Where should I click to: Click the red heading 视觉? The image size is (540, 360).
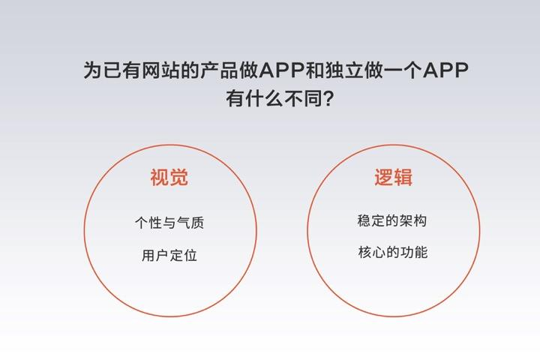tap(169, 178)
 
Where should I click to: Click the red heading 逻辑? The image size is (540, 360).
tap(393, 178)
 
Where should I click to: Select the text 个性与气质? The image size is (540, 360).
tap(169, 223)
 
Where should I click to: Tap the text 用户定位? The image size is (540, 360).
tap(169, 255)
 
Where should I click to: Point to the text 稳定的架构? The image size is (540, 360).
tap(392, 220)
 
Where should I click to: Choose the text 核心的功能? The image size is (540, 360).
tap(393, 252)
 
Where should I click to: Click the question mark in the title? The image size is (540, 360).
tap(329, 99)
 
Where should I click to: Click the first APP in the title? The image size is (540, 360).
tap(282, 70)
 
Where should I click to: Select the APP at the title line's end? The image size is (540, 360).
tap(445, 70)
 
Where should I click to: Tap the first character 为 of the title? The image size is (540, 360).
tap(93, 70)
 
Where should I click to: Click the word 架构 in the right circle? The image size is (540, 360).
tap(413, 220)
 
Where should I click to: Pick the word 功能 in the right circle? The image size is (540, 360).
tap(414, 252)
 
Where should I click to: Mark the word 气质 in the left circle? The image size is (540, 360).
tap(190, 223)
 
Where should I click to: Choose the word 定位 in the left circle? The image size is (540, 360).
tap(184, 255)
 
